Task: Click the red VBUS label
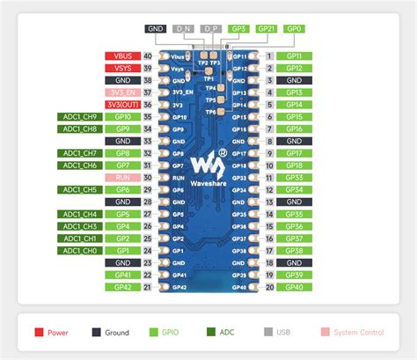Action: (122, 55)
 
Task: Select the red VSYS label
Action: (122, 68)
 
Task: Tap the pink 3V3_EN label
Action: (122, 92)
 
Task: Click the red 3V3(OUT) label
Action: (122, 104)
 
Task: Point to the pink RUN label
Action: (122, 177)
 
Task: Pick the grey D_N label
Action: (184, 29)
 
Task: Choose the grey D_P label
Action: (211, 29)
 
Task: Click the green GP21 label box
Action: (267, 29)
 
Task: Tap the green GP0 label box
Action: (294, 29)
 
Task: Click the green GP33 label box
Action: (294, 177)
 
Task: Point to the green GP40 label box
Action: (294, 286)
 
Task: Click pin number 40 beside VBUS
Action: (147, 55)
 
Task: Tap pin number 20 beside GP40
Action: (267, 286)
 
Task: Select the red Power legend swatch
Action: (37, 332)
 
